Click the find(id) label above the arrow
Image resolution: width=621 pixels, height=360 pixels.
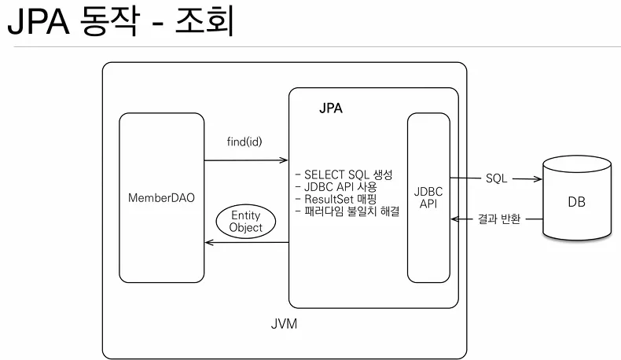[245, 142]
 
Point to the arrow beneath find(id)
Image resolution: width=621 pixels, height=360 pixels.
[245, 160]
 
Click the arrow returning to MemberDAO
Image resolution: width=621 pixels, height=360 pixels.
[245, 244]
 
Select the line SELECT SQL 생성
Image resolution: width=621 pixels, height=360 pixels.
[343, 174]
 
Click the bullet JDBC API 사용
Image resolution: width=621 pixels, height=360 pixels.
[336, 187]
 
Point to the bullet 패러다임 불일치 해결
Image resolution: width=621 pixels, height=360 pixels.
[347, 212]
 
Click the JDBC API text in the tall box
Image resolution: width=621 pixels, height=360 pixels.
[428, 197]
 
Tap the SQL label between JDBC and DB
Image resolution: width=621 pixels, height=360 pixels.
[496, 178]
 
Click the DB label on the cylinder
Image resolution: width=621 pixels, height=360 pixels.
[576, 202]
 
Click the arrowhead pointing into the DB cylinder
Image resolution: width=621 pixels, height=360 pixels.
[538, 178]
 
